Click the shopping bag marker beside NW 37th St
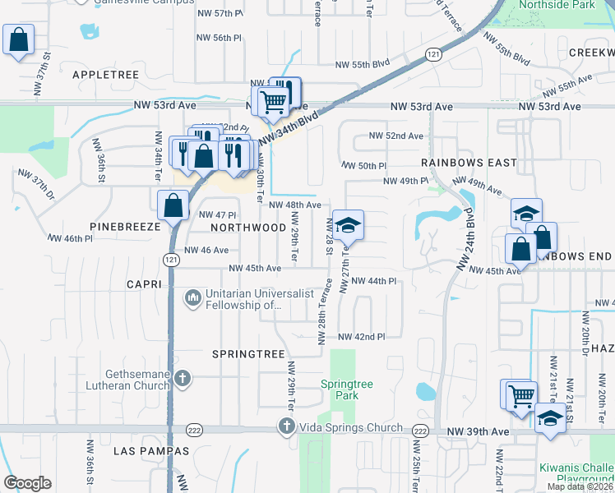(18, 39)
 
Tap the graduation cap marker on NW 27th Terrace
(348, 224)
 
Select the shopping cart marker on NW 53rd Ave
(271, 101)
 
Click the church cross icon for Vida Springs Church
(286, 426)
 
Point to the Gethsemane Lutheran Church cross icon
(183, 379)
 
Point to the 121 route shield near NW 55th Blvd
(433, 53)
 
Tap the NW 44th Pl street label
(374, 281)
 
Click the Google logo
(27, 483)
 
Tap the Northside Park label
(556, 5)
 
